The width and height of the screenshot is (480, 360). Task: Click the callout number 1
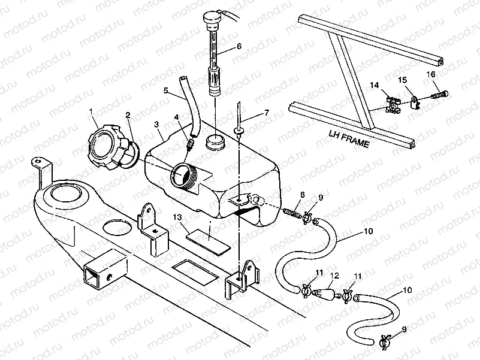coord(91,111)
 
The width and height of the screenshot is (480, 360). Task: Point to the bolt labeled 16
coord(440,93)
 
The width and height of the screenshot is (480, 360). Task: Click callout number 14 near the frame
coord(374,86)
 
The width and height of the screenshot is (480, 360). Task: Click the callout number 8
coord(303,195)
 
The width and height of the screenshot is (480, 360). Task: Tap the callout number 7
coord(267,114)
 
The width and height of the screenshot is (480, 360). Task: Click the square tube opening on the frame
coord(98,273)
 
